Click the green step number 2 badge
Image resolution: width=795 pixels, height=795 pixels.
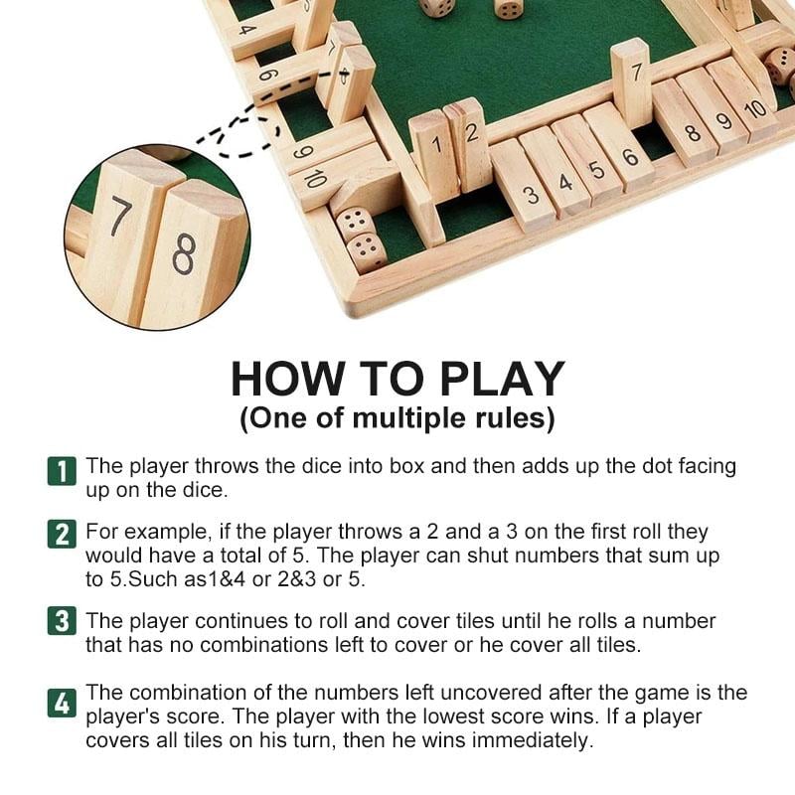coord(61,535)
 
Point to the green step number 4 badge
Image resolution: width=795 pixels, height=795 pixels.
coord(61,704)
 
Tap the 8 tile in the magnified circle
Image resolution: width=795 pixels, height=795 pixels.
coord(187,253)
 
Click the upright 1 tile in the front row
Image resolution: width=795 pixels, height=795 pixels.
coord(434,154)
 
